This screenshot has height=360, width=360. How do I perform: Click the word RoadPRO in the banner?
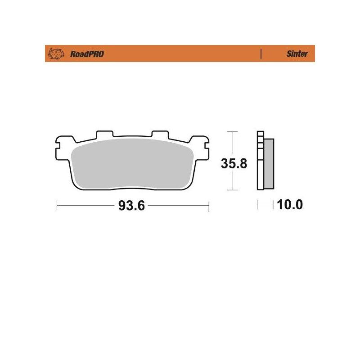pos(87,54)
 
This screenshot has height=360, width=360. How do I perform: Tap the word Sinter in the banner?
pos(297,54)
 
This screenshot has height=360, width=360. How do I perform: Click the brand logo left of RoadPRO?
pos(56,54)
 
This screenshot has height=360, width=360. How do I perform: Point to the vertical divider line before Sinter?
pos(261,54)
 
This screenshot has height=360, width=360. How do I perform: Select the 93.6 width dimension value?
pos(131,206)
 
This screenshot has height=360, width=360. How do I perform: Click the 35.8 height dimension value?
pos(234,164)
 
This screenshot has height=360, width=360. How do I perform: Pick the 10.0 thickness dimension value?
pos(290,205)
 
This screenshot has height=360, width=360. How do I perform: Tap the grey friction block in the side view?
pos(269,164)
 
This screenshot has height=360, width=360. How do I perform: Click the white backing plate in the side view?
pos(261,161)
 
